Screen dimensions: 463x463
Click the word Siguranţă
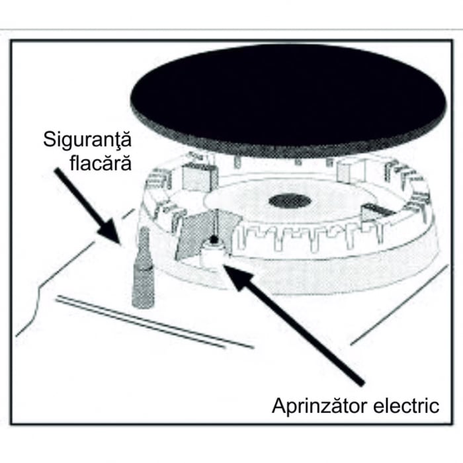click(x=87, y=140)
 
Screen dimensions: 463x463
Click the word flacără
click(x=101, y=162)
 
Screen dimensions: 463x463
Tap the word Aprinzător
click(x=319, y=406)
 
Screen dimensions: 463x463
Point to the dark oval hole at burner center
click(x=290, y=201)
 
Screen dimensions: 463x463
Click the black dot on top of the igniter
click(x=214, y=239)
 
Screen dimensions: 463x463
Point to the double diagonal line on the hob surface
click(x=154, y=322)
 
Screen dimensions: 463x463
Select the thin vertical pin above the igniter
click(x=217, y=223)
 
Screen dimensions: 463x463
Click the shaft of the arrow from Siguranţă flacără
click(x=80, y=198)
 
